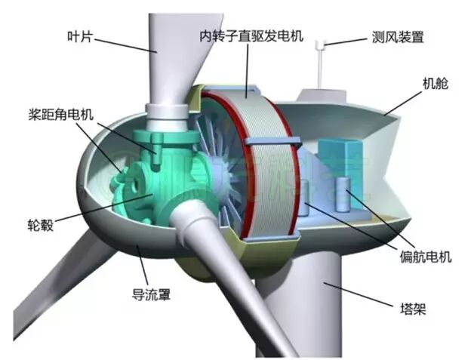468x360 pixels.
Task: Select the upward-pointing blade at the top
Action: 171,53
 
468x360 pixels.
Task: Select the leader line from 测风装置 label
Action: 349,41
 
